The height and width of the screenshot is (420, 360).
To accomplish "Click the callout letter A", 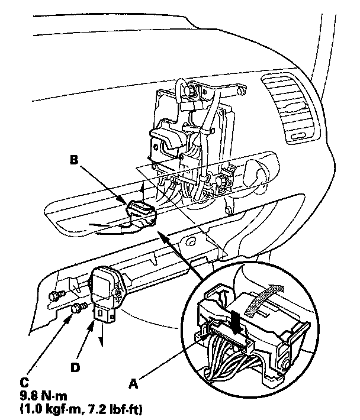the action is coord(133,384).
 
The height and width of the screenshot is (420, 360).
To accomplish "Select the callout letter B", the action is coord(74,160).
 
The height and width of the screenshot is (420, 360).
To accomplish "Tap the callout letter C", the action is coord(24,383).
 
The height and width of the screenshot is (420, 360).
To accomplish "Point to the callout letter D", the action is coord(75,367).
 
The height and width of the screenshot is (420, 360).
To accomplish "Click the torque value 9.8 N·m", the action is coord(44,396).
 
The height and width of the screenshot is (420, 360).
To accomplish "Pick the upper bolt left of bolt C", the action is coord(57,295).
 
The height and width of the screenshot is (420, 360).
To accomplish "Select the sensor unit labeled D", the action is coord(106,293).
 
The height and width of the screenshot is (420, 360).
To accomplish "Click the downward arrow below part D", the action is coord(102,335).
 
